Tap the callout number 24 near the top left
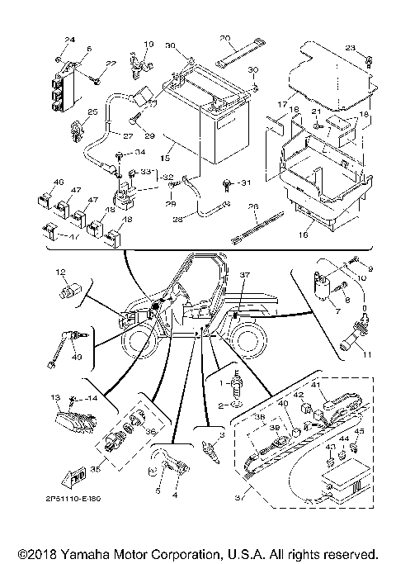tap(69, 40)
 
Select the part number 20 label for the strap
tap(224, 39)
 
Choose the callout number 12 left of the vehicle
tap(60, 273)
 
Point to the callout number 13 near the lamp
tap(57, 397)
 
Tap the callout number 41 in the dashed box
tap(314, 386)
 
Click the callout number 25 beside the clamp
tap(69, 111)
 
